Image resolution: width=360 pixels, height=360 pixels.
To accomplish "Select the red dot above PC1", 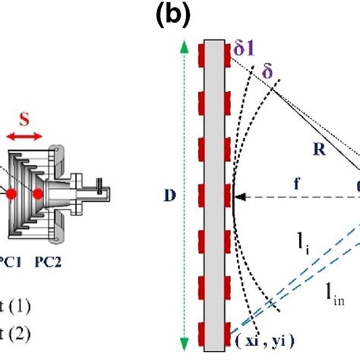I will (13, 194).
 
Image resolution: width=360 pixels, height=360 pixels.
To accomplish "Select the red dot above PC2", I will (37, 194).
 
